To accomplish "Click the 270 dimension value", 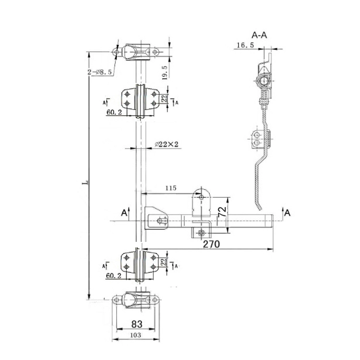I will [x=211, y=244].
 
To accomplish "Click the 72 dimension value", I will [x=222, y=212].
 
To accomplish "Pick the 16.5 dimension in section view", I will [x=245, y=45].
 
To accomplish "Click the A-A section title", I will [x=260, y=35].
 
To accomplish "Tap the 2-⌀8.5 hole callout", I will [x=99, y=72].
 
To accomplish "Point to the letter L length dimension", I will [x=84, y=182].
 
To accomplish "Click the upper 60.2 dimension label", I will [x=114, y=112].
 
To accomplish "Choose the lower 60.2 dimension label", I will [x=114, y=275].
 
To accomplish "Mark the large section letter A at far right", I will [x=287, y=213].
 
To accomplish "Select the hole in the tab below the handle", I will [x=201, y=233].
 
